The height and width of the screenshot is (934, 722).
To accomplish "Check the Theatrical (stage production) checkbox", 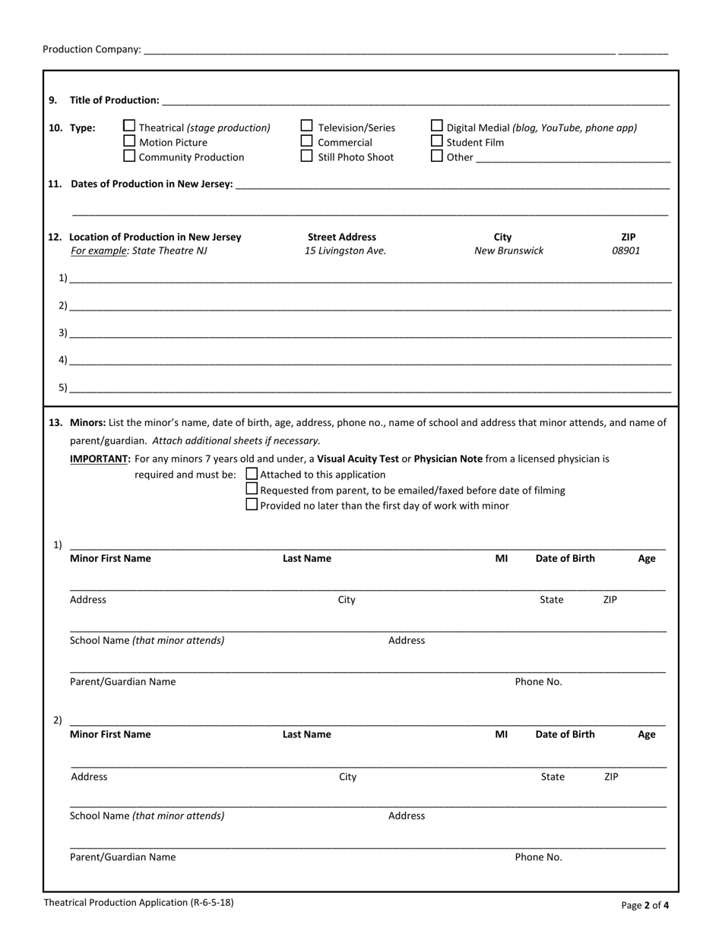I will (x=129, y=126).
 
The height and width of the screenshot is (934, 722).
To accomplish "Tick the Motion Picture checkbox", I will (x=129, y=141).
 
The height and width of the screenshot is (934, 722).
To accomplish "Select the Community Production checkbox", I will (x=129, y=156).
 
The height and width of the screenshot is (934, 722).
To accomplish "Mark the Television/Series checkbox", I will (x=307, y=126).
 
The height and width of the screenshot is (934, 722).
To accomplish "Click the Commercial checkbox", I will (x=307, y=141).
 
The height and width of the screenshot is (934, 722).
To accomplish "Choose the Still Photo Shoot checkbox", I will (x=307, y=156).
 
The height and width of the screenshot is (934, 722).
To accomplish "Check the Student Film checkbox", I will (x=437, y=141).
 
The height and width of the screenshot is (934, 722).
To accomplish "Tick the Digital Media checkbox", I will (x=437, y=126).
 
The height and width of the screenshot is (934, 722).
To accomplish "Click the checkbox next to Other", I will (x=437, y=156).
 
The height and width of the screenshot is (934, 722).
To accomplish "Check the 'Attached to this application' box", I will (x=252, y=474).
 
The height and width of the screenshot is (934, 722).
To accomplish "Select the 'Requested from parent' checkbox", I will (x=252, y=490).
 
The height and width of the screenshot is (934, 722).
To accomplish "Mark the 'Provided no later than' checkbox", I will (x=252, y=505).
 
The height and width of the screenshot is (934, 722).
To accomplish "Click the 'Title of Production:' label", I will (x=114, y=100).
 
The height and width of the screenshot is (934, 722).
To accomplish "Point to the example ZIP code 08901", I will (x=626, y=251).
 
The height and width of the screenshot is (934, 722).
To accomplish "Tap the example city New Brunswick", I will (x=508, y=251).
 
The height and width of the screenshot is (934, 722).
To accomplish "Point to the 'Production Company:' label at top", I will (x=91, y=49).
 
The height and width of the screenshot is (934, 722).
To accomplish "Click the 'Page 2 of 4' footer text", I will (x=644, y=905).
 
